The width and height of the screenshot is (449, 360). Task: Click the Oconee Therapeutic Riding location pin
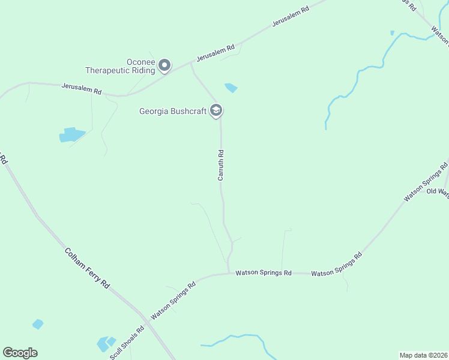click(x=165, y=65)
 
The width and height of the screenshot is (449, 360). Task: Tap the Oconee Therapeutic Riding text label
click(x=120, y=66)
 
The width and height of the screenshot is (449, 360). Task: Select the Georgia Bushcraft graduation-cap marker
click(x=217, y=111)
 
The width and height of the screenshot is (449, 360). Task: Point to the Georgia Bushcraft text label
click(x=173, y=111)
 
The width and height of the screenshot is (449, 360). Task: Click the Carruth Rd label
click(x=221, y=165)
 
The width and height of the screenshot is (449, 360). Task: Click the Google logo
click(x=20, y=353)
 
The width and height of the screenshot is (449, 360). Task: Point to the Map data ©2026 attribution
click(x=423, y=355)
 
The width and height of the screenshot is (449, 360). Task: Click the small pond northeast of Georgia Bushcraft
click(x=231, y=88)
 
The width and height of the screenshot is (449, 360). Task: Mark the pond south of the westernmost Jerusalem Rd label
click(x=71, y=134)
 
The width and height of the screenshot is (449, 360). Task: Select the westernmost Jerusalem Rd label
click(x=82, y=89)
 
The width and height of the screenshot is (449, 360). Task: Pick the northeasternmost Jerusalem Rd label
click(x=291, y=16)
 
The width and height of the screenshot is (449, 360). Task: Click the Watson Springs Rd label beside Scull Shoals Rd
click(x=173, y=301)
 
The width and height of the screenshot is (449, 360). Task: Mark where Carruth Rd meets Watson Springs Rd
click(x=229, y=273)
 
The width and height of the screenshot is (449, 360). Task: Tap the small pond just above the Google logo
click(x=38, y=324)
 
